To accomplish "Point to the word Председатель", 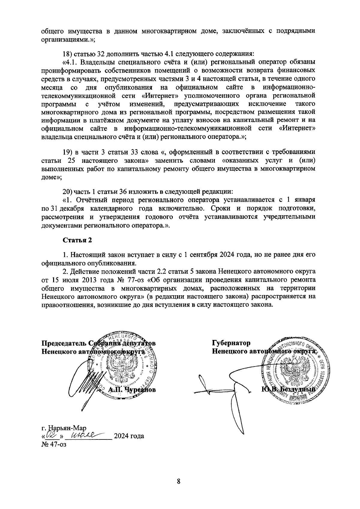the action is click(64, 343).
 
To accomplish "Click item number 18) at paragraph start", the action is click(67, 54).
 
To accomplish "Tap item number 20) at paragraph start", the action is click(67, 191).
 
